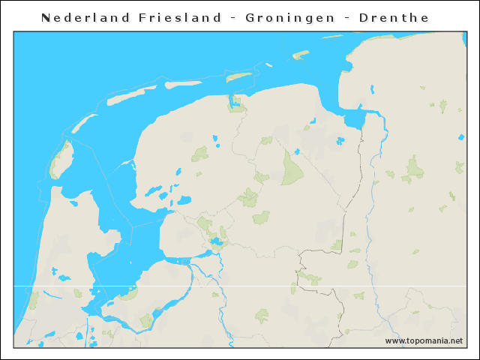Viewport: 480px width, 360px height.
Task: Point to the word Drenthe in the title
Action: point(382,17)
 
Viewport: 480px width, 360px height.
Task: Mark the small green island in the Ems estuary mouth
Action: point(301,54)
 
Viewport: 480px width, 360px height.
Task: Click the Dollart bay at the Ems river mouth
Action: point(353,118)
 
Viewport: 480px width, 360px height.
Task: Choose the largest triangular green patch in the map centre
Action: point(291,169)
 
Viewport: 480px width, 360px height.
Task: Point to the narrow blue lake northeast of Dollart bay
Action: point(372,90)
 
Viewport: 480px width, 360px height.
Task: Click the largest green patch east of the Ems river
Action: point(413,168)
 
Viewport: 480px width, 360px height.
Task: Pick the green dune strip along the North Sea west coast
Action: point(32,300)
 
